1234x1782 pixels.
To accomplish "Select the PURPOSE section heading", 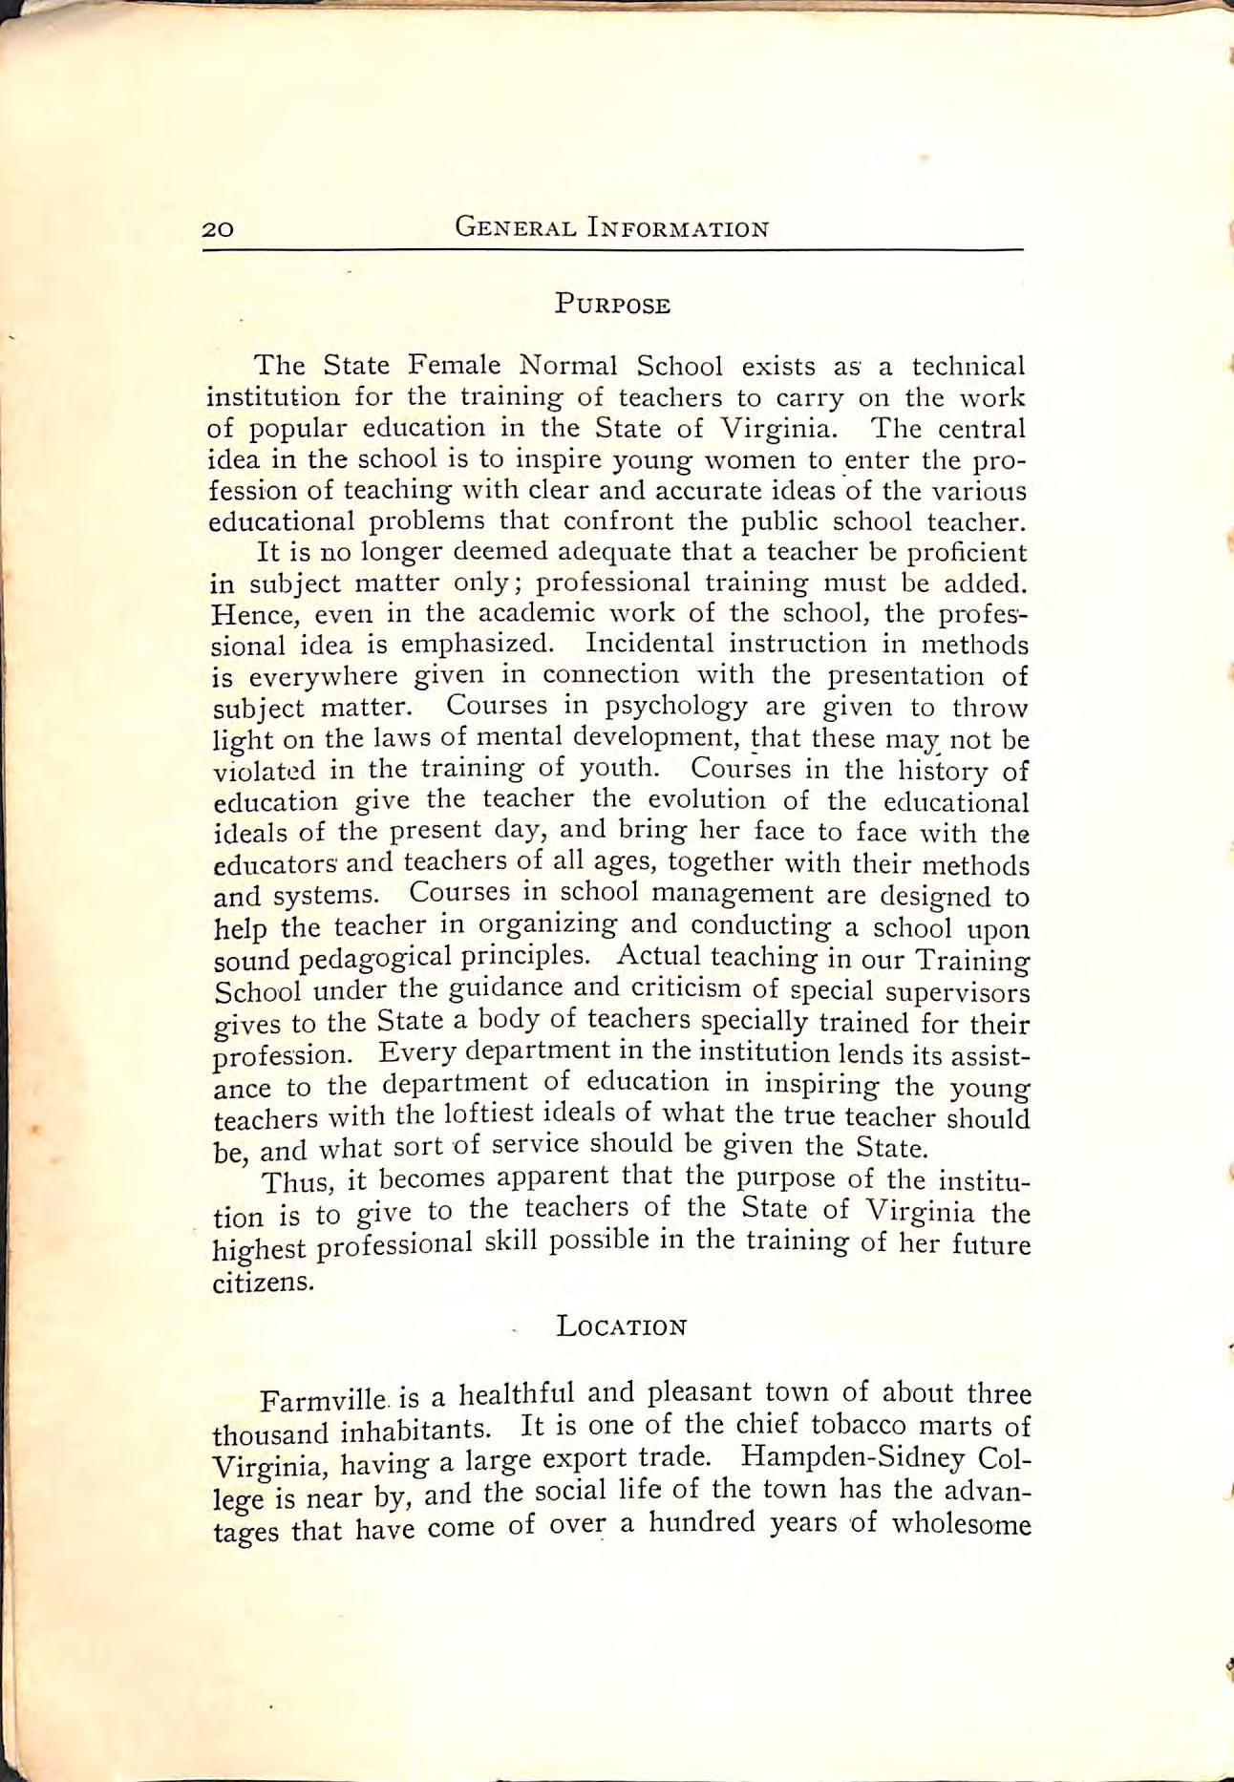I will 613,306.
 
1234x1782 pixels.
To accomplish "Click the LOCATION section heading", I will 622,1327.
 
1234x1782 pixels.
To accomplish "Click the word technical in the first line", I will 968,366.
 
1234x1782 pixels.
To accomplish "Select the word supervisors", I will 965,991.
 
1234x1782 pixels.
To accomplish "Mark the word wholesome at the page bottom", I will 961,1521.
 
